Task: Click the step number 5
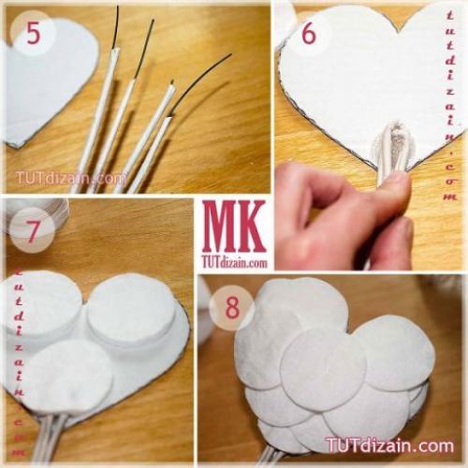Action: point(34,33)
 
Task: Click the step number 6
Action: point(309,35)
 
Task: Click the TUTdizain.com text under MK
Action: point(235,262)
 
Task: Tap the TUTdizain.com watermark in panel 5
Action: point(70,178)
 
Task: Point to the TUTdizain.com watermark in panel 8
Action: point(389,445)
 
